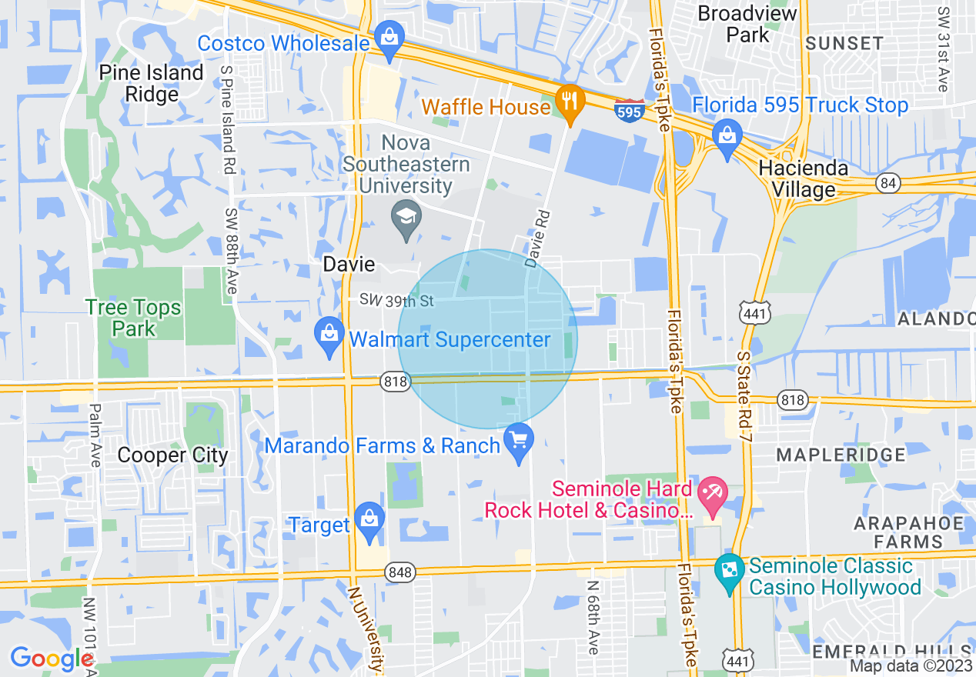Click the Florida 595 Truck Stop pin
[x=727, y=137]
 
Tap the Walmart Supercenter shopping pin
[x=329, y=336]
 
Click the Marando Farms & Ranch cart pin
[x=518, y=442]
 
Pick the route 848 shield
[x=402, y=572]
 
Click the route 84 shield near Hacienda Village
[x=887, y=183]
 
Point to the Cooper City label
[x=172, y=455]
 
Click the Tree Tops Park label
[x=134, y=318]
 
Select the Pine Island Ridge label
[x=152, y=84]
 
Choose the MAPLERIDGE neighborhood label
[x=841, y=455]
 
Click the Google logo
[x=51, y=659]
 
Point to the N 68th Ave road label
[x=593, y=617]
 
